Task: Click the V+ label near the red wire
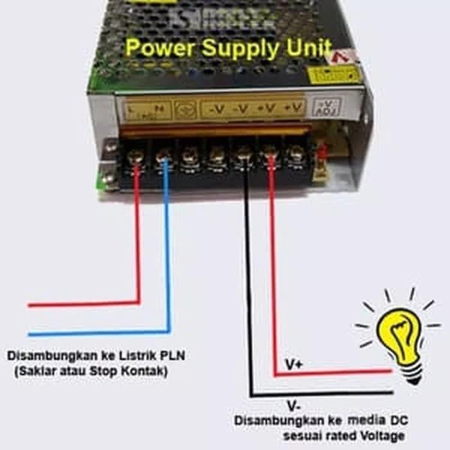coord(295,364)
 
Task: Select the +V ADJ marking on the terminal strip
coord(325,107)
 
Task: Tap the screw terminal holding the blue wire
coord(163,156)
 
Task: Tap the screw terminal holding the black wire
coord(244,154)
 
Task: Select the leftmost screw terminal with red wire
coord(136,156)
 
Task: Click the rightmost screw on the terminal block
coord(296,154)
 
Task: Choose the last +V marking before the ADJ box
coord(294,108)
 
